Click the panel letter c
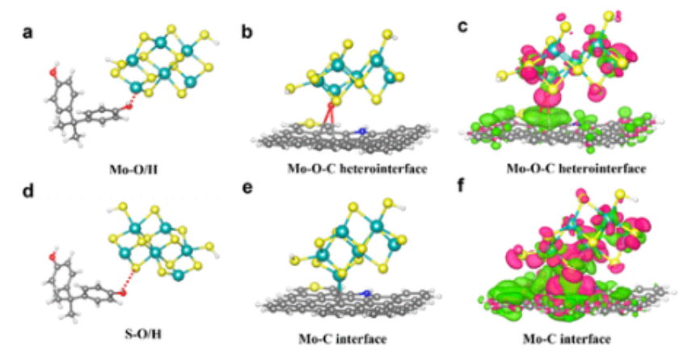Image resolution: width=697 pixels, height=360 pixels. (463, 28)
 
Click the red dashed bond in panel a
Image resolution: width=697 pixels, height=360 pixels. (139, 98)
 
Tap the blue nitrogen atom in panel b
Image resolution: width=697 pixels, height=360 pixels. (363, 130)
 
